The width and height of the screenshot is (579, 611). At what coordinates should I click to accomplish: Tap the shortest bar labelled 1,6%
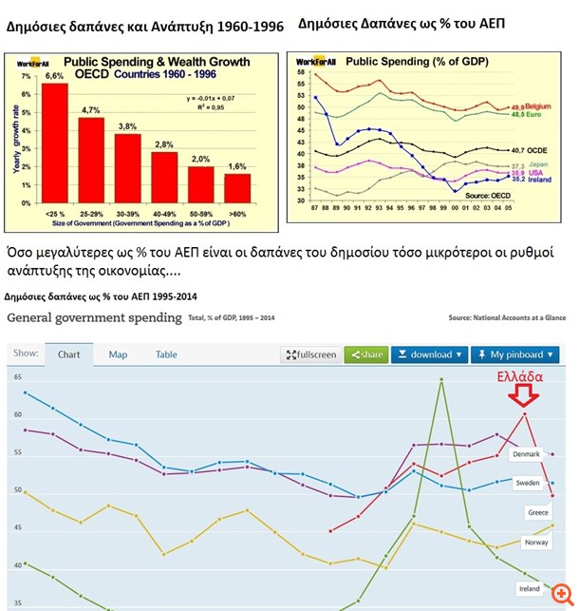click(x=237, y=195)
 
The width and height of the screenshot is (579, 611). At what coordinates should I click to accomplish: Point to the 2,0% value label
click(x=201, y=159)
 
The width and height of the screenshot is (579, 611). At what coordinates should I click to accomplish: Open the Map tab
click(x=118, y=354)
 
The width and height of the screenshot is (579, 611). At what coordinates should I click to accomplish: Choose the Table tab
click(x=166, y=354)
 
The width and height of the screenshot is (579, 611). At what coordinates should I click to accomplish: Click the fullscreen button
click(x=310, y=354)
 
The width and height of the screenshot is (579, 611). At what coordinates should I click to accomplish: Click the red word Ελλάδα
click(x=520, y=377)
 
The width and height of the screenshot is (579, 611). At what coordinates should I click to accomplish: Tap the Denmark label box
click(x=525, y=454)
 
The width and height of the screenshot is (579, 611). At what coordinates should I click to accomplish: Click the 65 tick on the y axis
click(x=17, y=377)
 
